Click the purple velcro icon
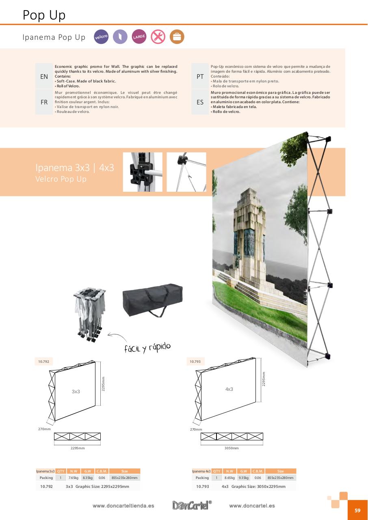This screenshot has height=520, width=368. click(x=101, y=37)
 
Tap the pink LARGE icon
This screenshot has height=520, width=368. click(x=139, y=37)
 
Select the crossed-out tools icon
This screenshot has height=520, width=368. click(x=158, y=37)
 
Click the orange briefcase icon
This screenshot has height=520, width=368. click(x=177, y=37)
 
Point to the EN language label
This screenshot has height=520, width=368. click(x=44, y=76)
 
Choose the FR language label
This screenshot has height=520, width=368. click(x=44, y=102)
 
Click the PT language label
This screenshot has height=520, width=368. click(x=200, y=76)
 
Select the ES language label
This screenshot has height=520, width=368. click(x=200, y=102)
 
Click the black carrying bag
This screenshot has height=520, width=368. click(x=153, y=299)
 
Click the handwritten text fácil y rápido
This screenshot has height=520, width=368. click(x=147, y=348)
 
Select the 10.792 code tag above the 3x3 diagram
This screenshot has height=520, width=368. click(x=43, y=362)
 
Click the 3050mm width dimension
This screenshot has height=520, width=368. click(x=232, y=448)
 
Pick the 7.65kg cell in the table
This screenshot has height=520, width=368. click(x=74, y=478)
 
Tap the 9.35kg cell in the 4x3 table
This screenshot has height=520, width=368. click(x=243, y=478)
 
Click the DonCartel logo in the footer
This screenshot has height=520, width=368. click(x=192, y=505)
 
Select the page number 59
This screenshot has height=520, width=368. click(x=357, y=511)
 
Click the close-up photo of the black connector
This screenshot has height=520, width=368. click(x=143, y=172)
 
